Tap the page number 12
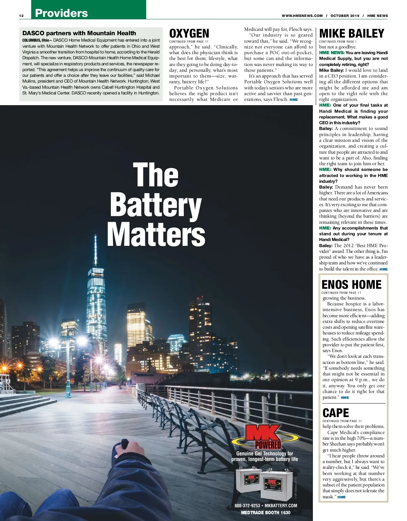[21, 16]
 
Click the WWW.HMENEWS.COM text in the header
[302, 16]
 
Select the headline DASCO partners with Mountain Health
[79, 33]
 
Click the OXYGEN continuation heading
[189, 34]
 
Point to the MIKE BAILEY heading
[351, 34]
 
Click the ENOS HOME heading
[351, 285]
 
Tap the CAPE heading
[335, 413]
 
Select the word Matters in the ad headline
[156, 234]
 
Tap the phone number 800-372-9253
[247, 506]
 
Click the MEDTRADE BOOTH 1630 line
[266, 513]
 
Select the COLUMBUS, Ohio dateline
[37, 40]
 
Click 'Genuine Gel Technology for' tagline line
[265, 454]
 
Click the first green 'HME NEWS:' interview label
[331, 53]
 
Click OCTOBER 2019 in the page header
[345, 16]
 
